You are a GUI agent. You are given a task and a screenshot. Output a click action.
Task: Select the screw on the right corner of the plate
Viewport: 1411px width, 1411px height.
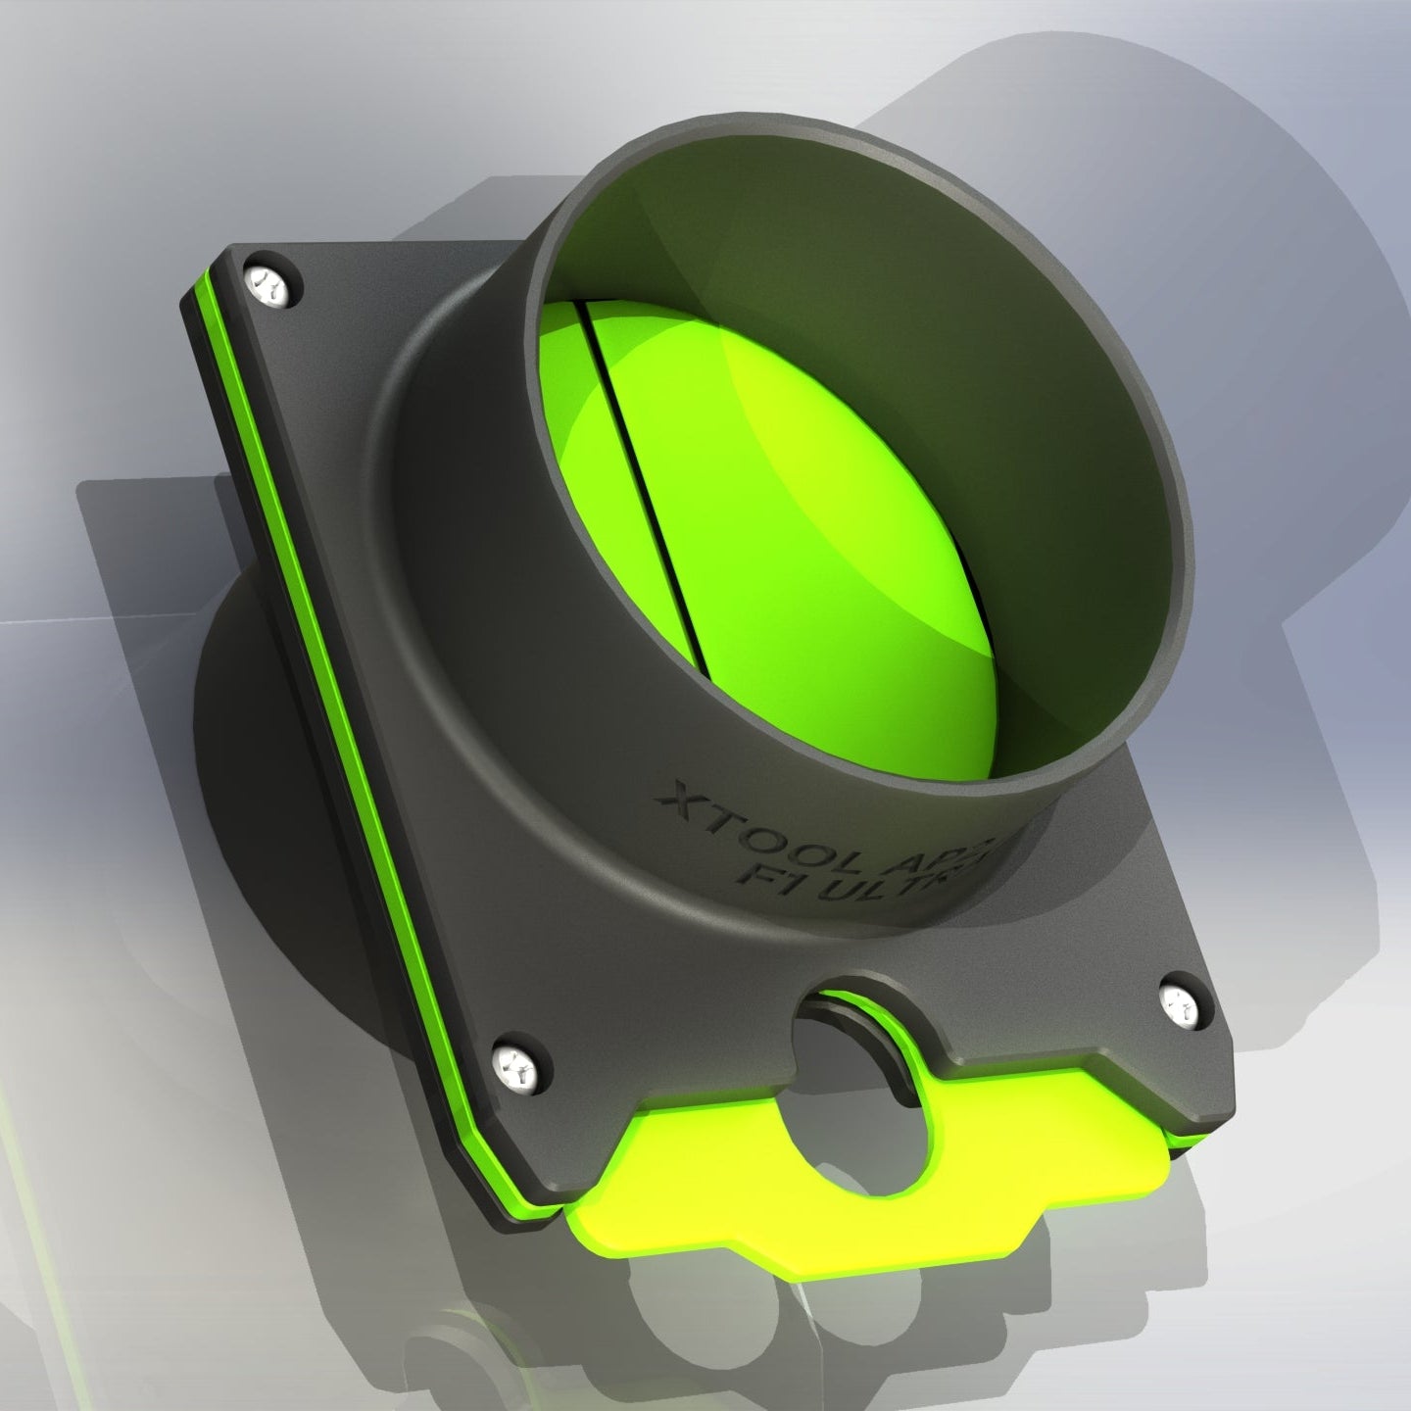coord(1180,1004)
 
